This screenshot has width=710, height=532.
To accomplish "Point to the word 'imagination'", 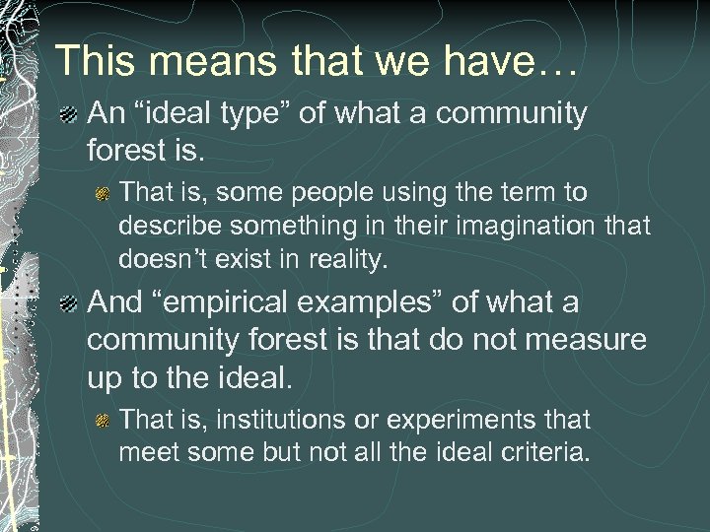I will click(530, 227).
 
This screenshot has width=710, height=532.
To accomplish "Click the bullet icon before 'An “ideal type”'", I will click(70, 116).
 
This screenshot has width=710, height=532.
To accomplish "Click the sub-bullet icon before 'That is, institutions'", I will click(103, 422).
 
